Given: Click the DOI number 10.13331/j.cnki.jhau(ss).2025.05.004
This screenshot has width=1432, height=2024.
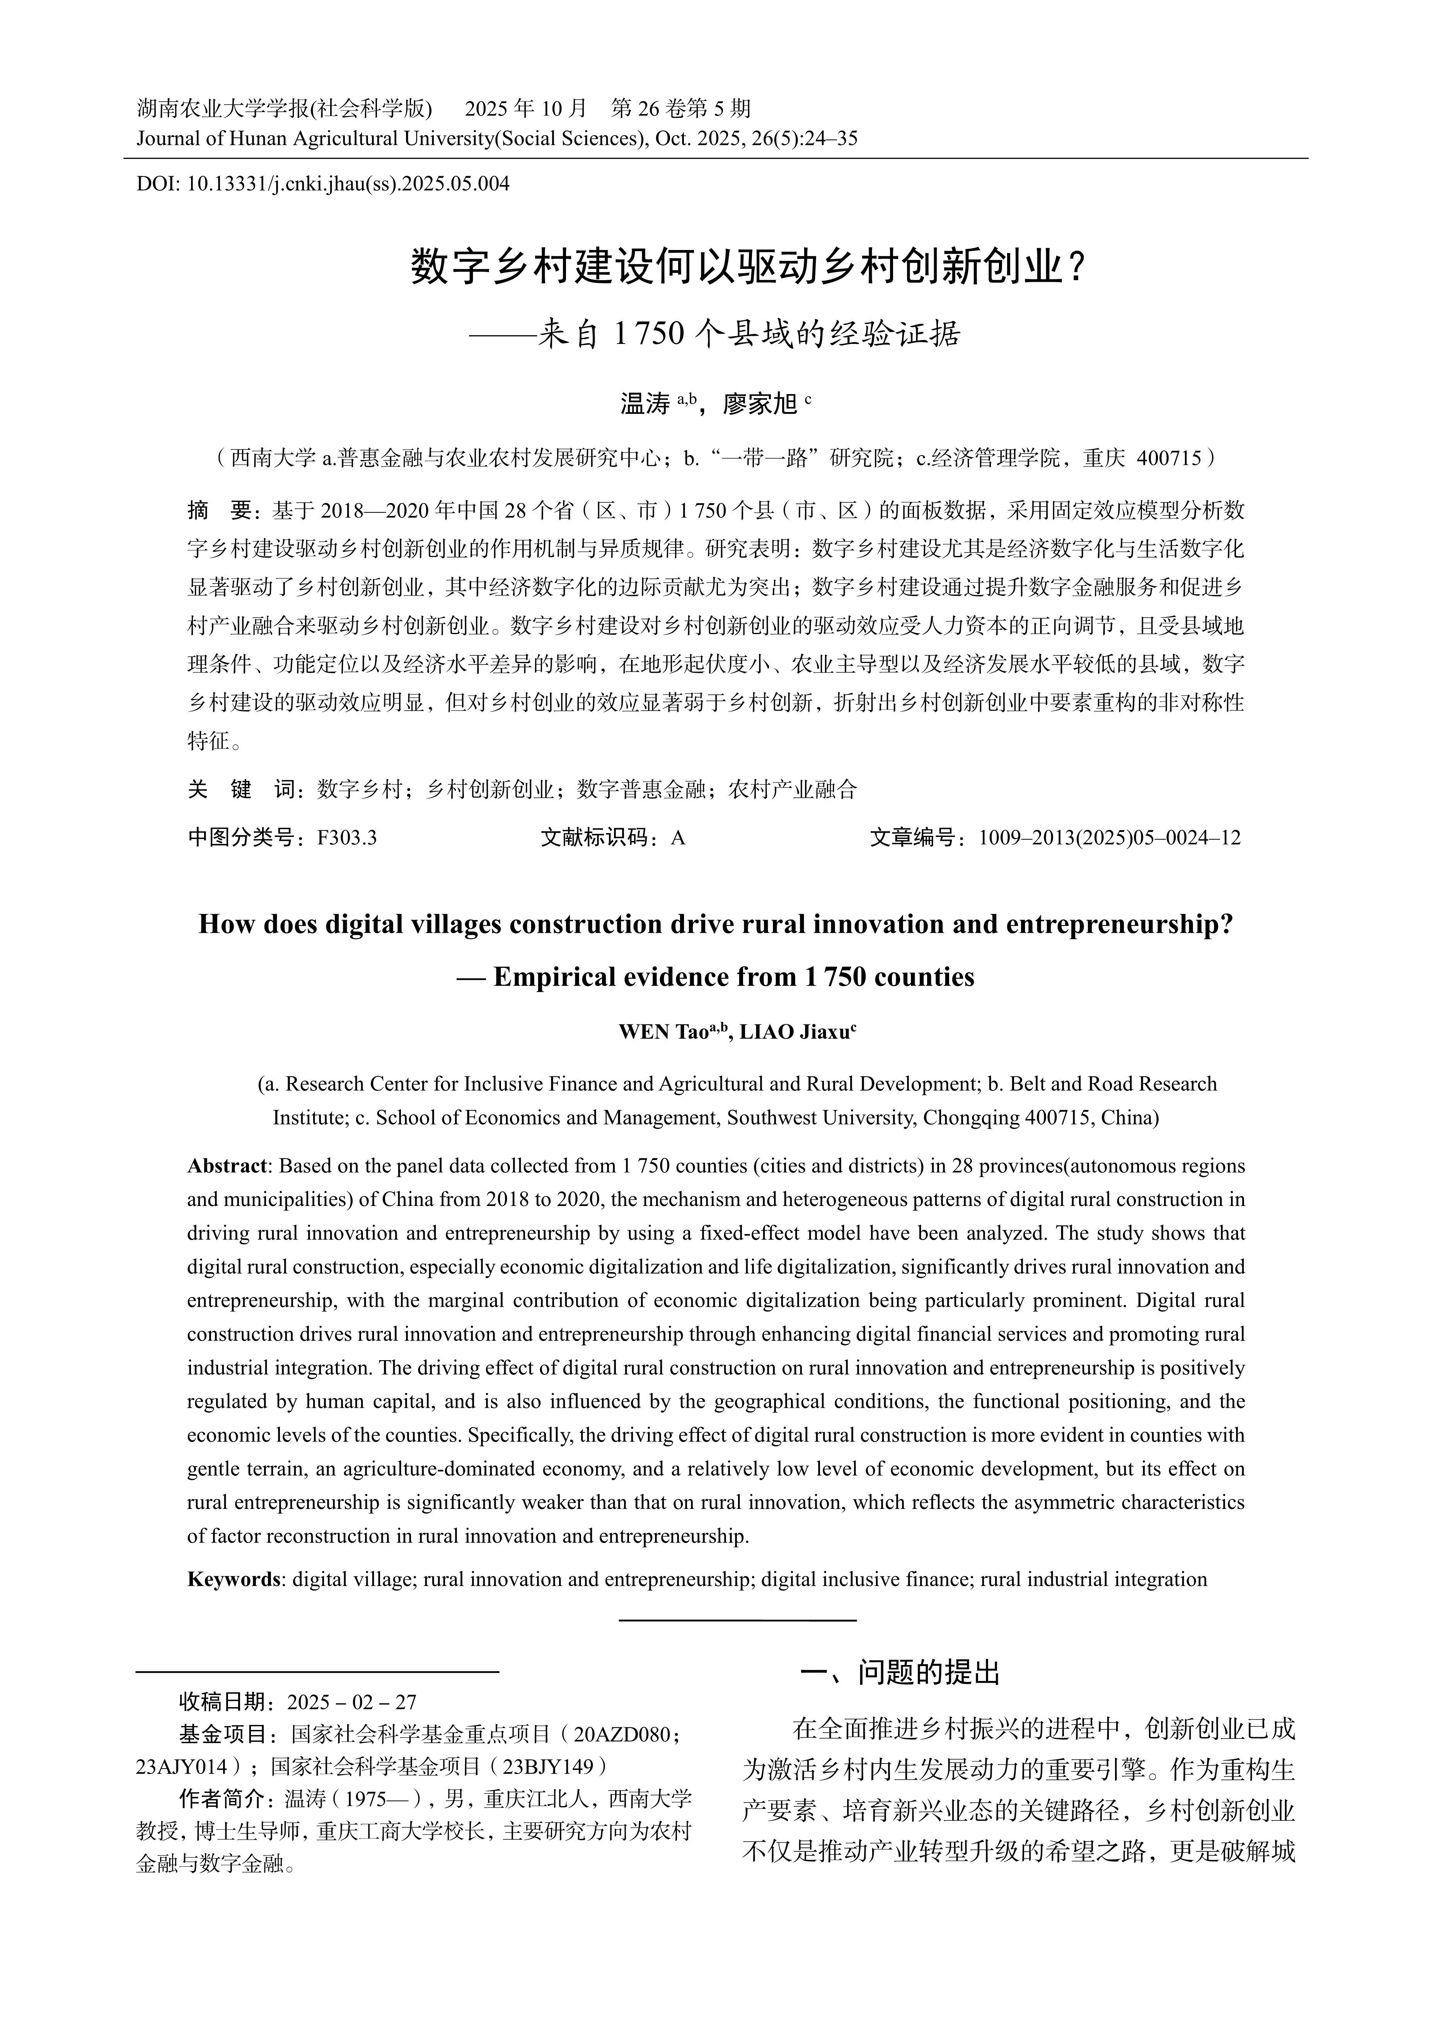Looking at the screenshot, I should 348,184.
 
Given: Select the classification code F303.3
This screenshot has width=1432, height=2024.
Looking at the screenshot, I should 346,837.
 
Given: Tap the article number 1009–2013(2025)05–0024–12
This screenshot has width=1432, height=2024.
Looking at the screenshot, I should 1109,837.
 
